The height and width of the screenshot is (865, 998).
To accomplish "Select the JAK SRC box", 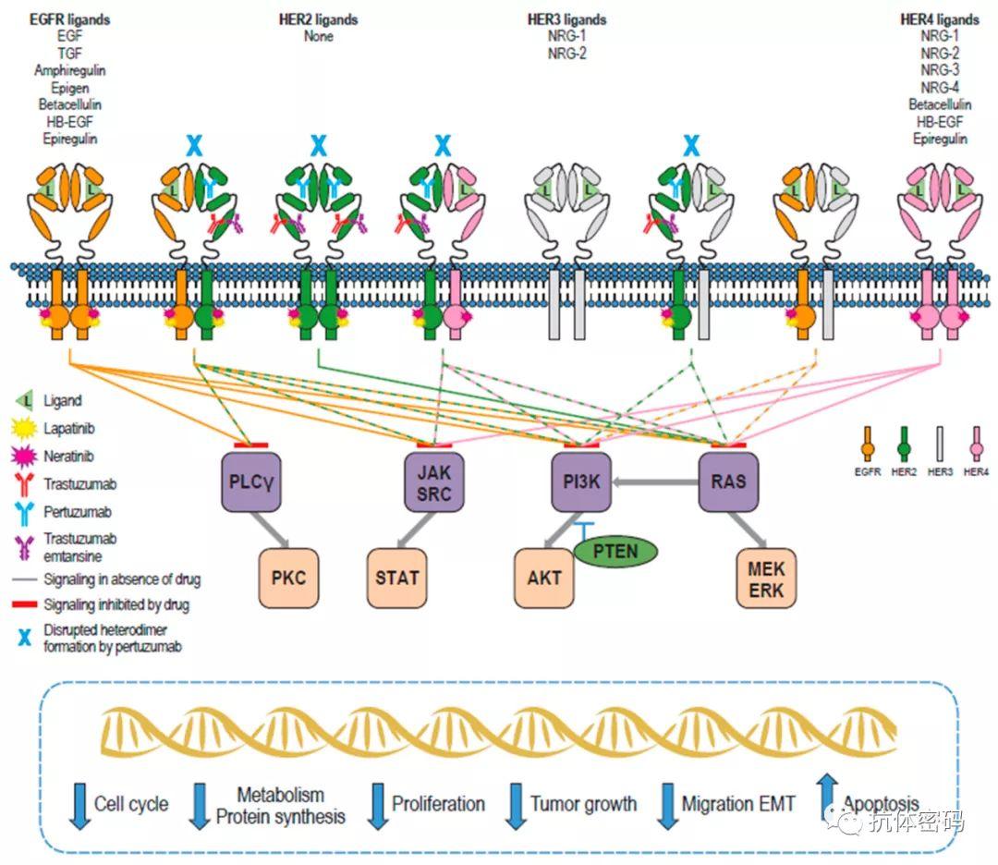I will click(433, 481).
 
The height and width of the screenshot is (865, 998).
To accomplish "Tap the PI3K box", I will click(581, 481).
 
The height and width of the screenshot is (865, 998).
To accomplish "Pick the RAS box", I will click(728, 481).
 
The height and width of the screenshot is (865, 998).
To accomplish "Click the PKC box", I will click(288, 579).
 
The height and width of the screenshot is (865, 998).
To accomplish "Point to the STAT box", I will click(397, 579).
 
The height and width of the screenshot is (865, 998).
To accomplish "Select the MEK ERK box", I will click(766, 579).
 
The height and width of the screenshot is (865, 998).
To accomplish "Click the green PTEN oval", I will click(616, 552).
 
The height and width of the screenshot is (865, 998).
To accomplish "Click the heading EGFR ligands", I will click(70, 19).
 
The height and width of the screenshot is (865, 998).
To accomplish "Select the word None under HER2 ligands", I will click(318, 37).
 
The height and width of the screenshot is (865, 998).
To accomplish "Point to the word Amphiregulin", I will click(70, 71).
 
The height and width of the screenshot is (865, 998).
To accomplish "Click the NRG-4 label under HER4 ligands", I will click(940, 88).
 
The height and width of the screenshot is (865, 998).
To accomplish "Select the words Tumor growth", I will click(583, 804).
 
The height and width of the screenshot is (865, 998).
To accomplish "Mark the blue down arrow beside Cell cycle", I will click(78, 805).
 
